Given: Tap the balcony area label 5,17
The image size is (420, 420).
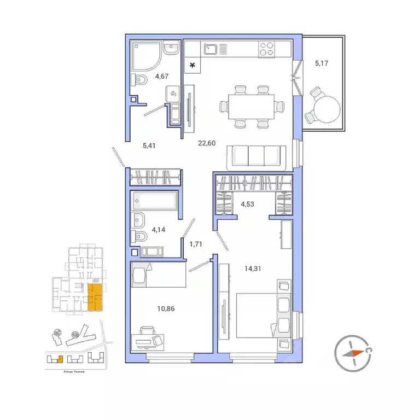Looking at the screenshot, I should click(x=322, y=63).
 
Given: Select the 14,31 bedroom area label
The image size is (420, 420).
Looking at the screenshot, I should click(x=255, y=269).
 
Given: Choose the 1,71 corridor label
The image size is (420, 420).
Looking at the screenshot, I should click(x=196, y=244).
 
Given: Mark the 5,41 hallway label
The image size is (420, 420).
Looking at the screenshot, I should click(x=150, y=146).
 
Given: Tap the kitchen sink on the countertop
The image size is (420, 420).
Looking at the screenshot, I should click(x=211, y=50).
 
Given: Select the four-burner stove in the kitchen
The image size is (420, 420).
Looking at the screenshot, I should click(x=266, y=50).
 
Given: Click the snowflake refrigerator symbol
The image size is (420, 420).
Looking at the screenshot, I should click(x=192, y=66).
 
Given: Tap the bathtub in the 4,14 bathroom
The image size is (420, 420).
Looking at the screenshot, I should click(x=155, y=201).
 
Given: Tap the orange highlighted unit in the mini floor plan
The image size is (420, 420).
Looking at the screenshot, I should click(x=95, y=297).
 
